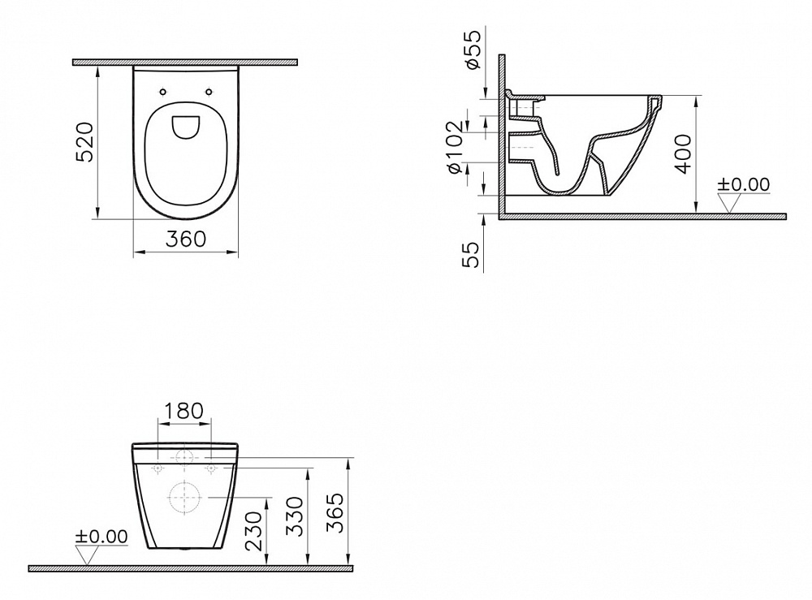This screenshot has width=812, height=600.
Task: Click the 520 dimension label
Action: pyautogui.click(x=84, y=142)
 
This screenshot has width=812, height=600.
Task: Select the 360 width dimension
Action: pyautogui.click(x=186, y=239)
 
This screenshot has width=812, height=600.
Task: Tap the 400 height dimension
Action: pyautogui.click(x=684, y=153)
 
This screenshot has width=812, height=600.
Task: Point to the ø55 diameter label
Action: pyautogui.click(x=473, y=50)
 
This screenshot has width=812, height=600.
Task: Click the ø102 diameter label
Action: pyautogui.click(x=454, y=148)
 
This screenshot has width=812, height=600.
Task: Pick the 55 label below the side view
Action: pyautogui.click(x=471, y=254)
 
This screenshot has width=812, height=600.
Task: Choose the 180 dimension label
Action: pyautogui.click(x=184, y=411)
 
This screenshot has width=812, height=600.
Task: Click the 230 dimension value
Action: pyautogui.click(x=253, y=532)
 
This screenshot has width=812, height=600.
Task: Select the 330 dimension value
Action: pyautogui.click(x=296, y=517)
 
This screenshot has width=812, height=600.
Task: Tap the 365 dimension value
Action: pyautogui.click(x=336, y=512)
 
